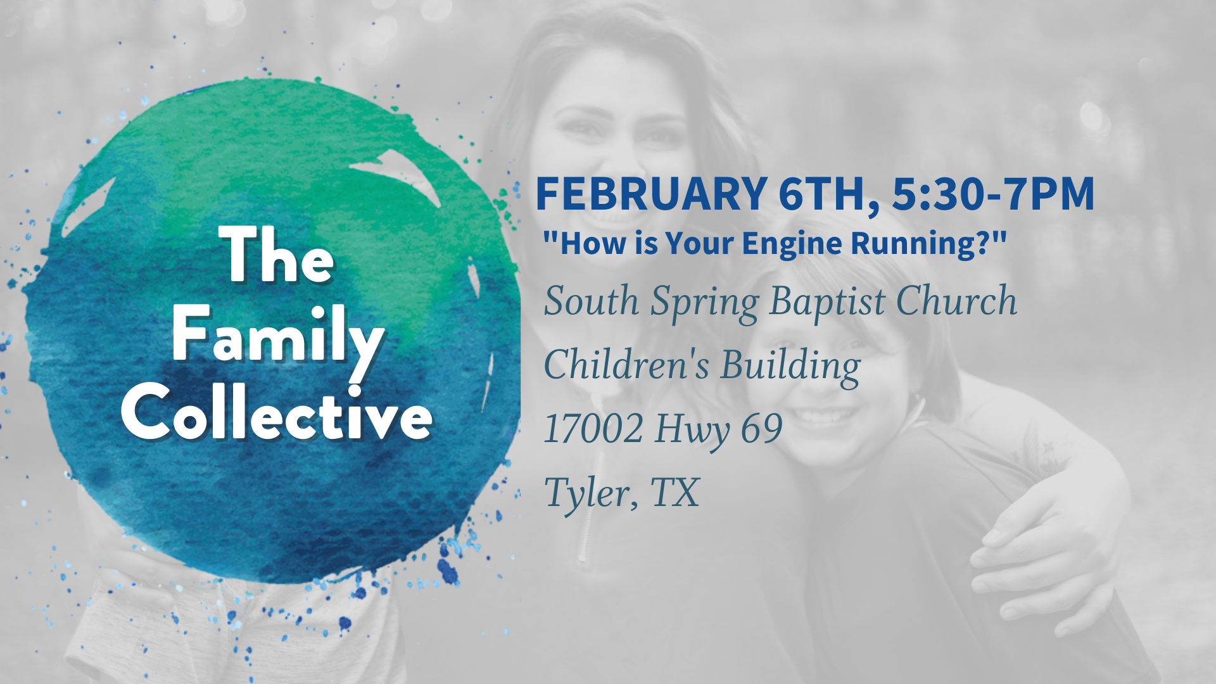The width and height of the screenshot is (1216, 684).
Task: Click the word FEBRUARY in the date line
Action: coord(652,193)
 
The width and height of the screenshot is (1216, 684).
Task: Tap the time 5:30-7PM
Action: coord(994,193)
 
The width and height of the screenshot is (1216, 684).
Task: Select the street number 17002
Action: coord(593,429)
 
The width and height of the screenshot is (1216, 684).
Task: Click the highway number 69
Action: coord(762,429)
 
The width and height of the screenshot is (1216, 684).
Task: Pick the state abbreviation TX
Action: coord(675,492)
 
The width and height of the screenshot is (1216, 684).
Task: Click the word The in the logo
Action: coord(277,255)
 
